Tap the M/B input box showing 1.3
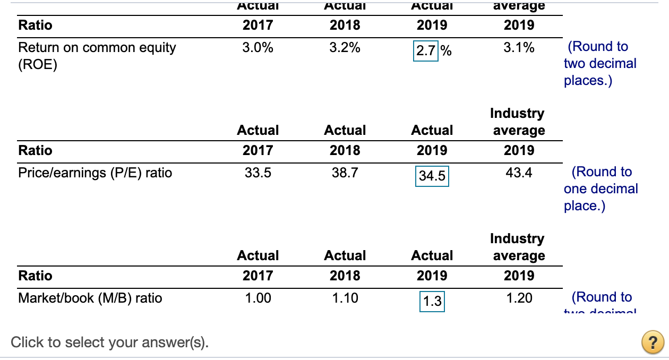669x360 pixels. [432, 302]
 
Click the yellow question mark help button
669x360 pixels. [653, 342]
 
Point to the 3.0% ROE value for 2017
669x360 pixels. [258, 47]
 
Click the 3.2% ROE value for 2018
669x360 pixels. [345, 47]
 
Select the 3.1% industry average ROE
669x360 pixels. [519, 47]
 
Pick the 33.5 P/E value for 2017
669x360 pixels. [258, 173]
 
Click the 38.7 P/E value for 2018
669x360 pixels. [345, 173]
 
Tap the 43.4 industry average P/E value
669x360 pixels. [519, 173]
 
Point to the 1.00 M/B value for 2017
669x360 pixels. [258, 298]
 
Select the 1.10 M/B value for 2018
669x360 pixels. [345, 298]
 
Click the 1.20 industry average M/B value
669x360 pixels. [519, 298]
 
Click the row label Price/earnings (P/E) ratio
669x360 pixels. [95, 173]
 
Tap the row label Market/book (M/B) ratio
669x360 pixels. [90, 298]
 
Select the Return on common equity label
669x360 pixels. [97, 47]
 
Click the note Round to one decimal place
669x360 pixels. [601, 188]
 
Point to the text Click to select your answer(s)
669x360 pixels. [110, 342]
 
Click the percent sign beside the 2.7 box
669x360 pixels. [446, 51]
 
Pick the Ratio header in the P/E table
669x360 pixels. [35, 150]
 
